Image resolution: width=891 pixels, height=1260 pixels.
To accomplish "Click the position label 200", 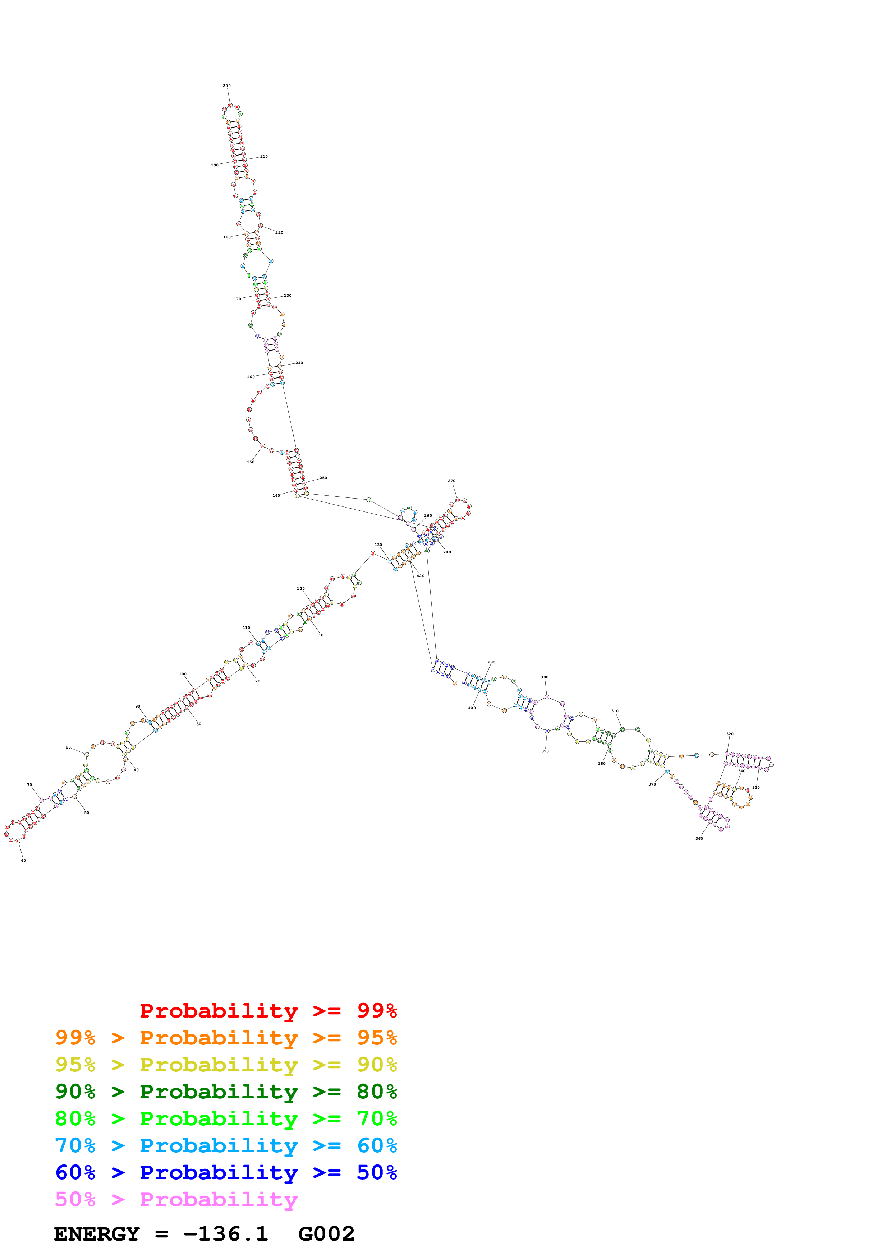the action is (227, 85).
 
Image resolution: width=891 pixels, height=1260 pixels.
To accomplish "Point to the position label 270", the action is (451, 481).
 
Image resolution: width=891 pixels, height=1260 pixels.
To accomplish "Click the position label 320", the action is (730, 734).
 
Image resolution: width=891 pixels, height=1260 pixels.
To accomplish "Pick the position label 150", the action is (251, 462).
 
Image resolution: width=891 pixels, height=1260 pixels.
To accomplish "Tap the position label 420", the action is (421, 576).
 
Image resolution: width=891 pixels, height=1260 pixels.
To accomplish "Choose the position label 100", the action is (183, 674).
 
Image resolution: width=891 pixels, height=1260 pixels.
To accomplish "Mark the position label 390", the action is (545, 751).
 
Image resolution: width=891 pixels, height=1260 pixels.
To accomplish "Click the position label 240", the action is (299, 363).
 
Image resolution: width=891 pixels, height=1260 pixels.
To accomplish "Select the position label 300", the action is (545, 677).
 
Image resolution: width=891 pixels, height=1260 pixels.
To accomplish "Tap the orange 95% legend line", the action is (226, 1038).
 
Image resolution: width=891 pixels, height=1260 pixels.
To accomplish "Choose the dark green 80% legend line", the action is (226, 1092).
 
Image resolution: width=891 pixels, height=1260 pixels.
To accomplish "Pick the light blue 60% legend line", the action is (226, 1145).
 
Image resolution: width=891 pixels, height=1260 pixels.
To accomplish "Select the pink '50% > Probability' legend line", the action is (176, 1199).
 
